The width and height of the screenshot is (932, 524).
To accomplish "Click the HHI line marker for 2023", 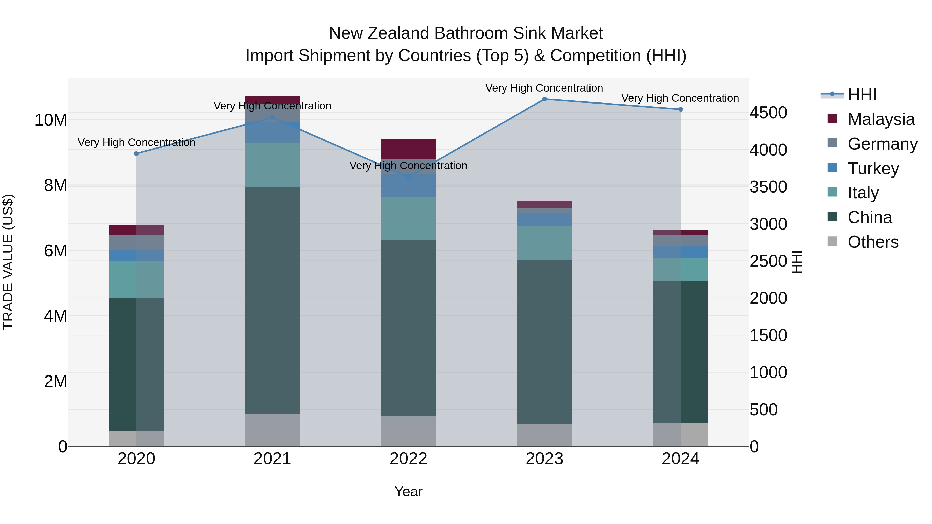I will (544, 99).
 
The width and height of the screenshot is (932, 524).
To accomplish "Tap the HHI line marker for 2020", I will (136, 154).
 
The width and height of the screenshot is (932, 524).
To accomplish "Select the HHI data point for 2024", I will (681, 109).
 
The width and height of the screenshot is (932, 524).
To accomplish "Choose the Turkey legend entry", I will (873, 168).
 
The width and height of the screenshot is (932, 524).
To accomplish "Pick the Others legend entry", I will (873, 242).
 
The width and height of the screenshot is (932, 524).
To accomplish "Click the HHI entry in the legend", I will (862, 95).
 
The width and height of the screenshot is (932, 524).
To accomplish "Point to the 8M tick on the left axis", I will (55, 186).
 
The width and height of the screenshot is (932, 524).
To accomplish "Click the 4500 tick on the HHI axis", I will (768, 113).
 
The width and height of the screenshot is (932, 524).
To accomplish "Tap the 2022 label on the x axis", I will (409, 459).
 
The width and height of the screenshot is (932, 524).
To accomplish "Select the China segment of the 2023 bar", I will (544, 342).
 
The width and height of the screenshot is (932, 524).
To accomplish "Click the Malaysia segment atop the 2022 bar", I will (409, 149).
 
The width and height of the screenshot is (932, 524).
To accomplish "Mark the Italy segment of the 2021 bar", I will (272, 165).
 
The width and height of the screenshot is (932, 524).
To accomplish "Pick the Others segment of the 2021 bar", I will (272, 430).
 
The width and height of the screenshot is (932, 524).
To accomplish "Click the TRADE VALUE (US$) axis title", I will (8, 262).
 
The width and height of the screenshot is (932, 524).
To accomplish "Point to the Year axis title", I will (409, 492).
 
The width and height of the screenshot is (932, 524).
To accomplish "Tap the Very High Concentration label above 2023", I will (544, 88).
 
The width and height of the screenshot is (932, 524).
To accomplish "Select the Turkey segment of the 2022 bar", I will (409, 186).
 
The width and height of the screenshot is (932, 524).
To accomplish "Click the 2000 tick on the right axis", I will (768, 298).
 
